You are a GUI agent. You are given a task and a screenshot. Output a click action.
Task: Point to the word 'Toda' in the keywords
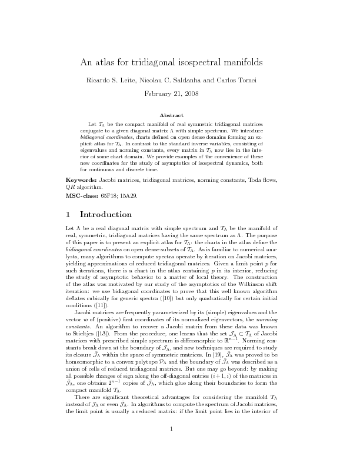pos(258,178)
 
